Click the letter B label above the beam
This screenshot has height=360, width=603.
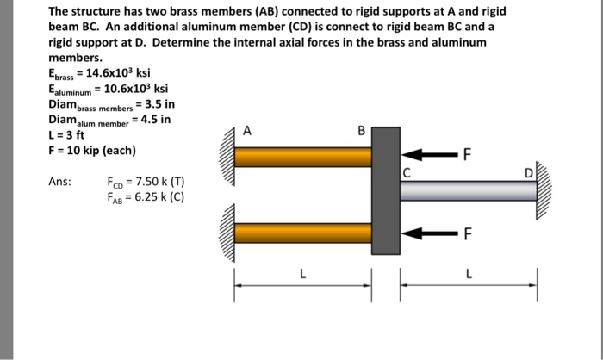(362, 131)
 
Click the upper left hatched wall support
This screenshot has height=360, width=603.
(228, 157)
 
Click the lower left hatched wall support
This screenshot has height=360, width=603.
(228, 233)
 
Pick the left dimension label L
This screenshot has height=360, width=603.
(301, 273)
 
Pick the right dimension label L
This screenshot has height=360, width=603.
(468, 273)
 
